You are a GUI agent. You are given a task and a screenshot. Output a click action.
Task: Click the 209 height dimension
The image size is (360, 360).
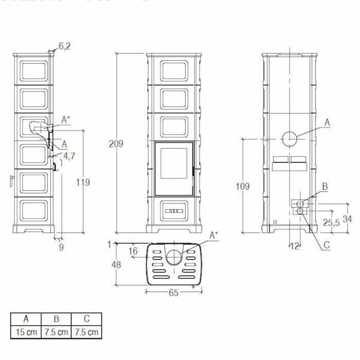[117, 144]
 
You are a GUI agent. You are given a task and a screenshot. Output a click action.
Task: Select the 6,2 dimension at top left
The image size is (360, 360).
[64, 46]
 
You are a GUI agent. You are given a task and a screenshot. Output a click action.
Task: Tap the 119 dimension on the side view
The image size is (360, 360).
[82, 182]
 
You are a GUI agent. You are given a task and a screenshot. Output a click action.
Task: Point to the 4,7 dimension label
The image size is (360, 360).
[69, 155]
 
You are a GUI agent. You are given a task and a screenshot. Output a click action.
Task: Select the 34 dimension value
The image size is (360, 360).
[348, 219]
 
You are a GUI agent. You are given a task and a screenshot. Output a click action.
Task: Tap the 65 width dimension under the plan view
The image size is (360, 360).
[173, 293]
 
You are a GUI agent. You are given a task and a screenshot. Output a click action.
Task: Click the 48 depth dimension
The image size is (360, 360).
[117, 265]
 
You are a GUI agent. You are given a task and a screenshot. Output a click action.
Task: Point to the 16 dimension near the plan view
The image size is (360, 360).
[133, 251]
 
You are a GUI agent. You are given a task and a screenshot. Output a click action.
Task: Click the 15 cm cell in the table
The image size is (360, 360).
[26, 332]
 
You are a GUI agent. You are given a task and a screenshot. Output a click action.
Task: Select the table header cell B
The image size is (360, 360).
[57, 319]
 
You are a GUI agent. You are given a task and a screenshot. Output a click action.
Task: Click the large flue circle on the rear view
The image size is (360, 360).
[290, 139]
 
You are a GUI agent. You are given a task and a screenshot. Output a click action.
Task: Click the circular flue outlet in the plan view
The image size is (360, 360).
[174, 257]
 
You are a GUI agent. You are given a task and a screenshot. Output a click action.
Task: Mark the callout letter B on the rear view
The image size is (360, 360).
[325, 186]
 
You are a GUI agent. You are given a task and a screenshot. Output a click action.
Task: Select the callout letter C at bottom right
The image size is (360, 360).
[327, 246]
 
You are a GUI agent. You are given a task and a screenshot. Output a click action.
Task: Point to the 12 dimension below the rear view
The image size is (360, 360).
[294, 246]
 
